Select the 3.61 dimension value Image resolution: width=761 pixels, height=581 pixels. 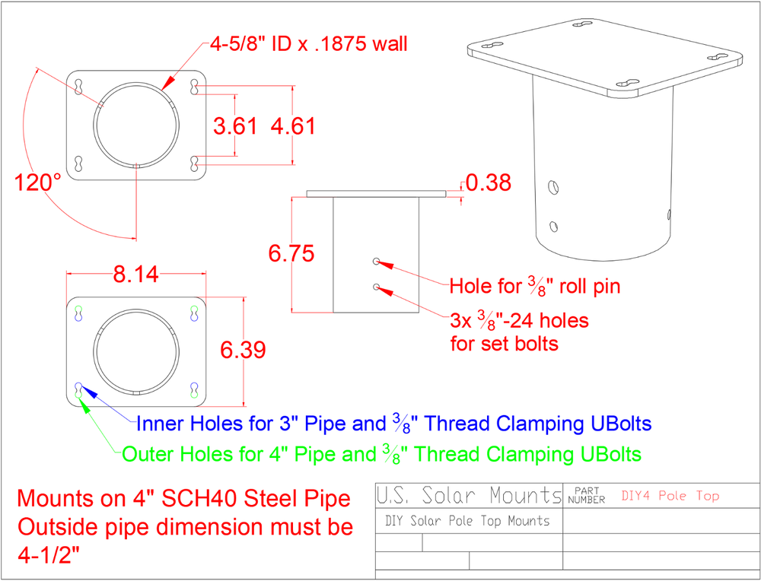click(x=235, y=126)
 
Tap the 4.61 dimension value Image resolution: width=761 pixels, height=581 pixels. click(x=293, y=126)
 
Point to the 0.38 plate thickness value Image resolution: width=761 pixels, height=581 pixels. click(x=488, y=183)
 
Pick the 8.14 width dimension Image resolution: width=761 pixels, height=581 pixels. click(x=136, y=275)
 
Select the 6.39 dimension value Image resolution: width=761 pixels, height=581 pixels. click(x=243, y=350)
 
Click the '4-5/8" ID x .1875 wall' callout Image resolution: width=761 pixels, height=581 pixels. click(x=309, y=43)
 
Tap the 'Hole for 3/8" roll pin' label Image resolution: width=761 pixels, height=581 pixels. click(x=535, y=287)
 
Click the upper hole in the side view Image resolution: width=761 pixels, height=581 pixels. click(x=377, y=262)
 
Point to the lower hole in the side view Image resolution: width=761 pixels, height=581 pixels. click(x=377, y=287)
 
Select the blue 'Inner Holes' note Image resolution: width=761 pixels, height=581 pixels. click(x=393, y=423)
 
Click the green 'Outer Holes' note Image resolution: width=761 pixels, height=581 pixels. click(x=382, y=455)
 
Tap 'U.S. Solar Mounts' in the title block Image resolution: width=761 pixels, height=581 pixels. click(x=469, y=497)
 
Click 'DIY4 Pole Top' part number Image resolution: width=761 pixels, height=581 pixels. click(x=670, y=497)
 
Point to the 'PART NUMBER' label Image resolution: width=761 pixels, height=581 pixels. click(x=586, y=496)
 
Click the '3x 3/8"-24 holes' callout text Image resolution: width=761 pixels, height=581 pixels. click(x=520, y=321)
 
